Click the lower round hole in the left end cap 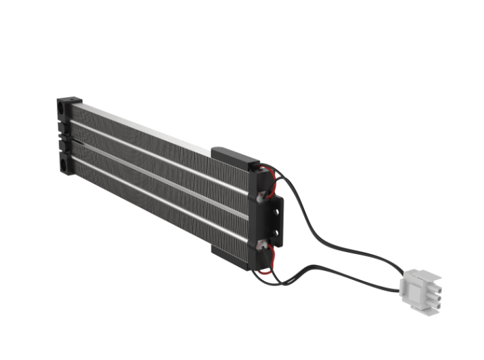[63, 163]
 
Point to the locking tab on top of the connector [415, 274]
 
